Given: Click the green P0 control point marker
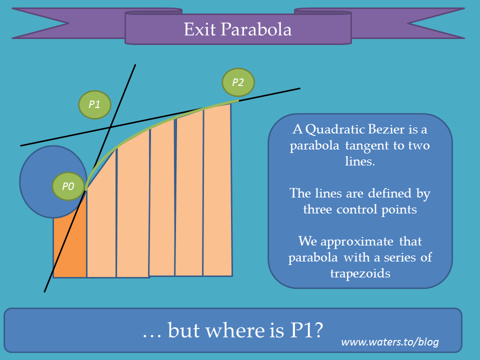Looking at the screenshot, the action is pyautogui.click(x=68, y=186).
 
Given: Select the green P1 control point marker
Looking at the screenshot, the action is pyautogui.click(x=94, y=104).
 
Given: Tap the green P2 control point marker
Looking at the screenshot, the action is pyautogui.click(x=238, y=82).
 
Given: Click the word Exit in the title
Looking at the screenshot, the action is pyautogui.click(x=199, y=29).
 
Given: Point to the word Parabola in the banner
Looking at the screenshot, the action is pyautogui.click(x=256, y=29).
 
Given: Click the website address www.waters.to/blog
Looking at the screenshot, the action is pyautogui.click(x=390, y=342).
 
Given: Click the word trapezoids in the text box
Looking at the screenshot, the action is pyautogui.click(x=360, y=273).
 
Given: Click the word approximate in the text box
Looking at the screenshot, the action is pyautogui.click(x=356, y=242).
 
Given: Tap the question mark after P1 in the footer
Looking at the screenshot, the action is pyautogui.click(x=318, y=330).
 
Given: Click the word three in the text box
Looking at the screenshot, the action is pyautogui.click(x=317, y=209).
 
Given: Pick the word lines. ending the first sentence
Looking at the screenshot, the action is pyautogui.click(x=360, y=161).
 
